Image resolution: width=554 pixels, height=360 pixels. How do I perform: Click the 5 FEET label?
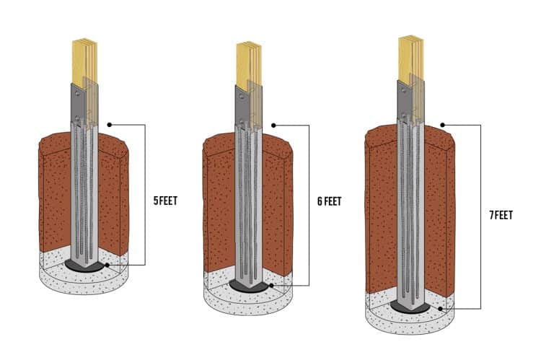[165, 201]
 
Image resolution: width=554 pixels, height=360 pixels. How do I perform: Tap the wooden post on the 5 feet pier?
[84, 61]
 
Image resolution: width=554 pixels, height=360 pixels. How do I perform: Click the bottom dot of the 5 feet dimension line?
[107, 265]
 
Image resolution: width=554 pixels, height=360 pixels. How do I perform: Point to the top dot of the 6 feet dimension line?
[273, 125]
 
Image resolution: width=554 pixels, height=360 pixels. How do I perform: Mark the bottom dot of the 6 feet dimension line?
[271, 286]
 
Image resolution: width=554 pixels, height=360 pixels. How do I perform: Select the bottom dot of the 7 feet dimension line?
[441, 309]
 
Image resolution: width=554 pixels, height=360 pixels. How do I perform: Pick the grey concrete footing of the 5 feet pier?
[83, 281]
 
